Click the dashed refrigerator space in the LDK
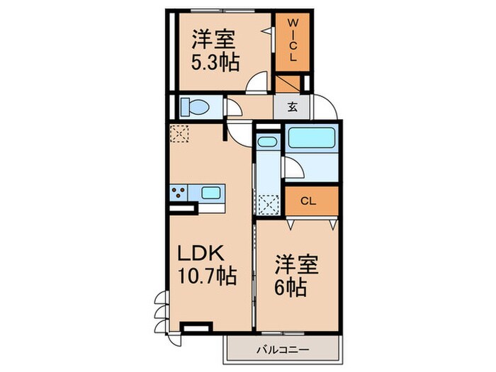(x=180, y=133)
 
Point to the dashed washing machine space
(x=269, y=203)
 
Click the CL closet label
(x=308, y=201)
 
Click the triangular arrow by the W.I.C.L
(x=266, y=31)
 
